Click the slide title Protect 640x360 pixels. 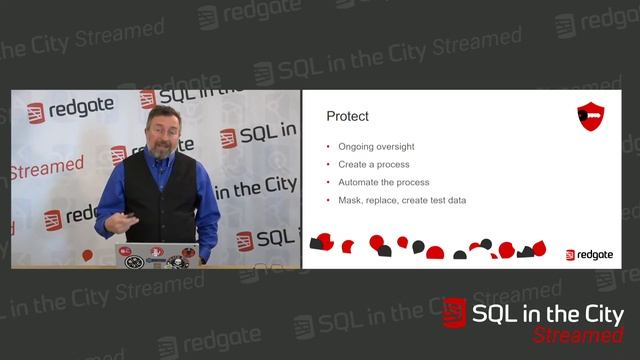(x=347, y=117)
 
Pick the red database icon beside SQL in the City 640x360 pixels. (x=455, y=313)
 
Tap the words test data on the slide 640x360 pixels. (x=446, y=201)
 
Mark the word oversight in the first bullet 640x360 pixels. (x=390, y=147)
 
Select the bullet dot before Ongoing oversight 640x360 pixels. (x=328, y=147)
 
